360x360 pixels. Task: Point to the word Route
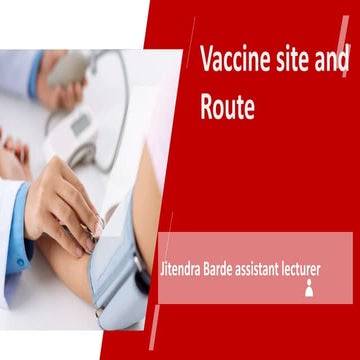pos(227,107)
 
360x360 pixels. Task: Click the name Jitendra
pos(185,269)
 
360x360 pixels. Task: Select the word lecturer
pos(330,269)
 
